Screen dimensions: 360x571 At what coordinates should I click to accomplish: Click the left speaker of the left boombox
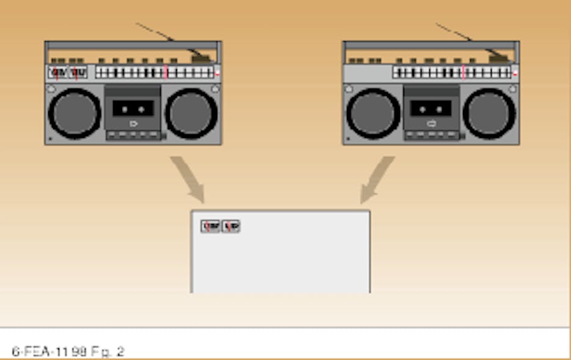click(74, 114)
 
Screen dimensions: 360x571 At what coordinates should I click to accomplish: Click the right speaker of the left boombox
click(191, 114)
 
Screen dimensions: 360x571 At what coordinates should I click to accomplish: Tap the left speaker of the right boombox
click(373, 114)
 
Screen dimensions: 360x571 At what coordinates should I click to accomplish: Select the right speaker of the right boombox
click(489, 114)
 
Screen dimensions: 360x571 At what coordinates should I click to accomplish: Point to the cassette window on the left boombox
click(133, 109)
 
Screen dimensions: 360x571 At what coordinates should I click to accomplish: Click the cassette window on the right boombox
click(431, 109)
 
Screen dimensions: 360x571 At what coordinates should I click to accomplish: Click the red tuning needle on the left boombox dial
click(165, 73)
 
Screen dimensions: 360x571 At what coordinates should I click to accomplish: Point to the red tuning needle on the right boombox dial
click(464, 73)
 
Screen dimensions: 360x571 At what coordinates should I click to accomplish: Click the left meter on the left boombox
click(58, 73)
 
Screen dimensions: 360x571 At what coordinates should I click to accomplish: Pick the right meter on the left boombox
click(78, 73)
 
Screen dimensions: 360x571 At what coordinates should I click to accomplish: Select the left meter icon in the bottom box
click(210, 226)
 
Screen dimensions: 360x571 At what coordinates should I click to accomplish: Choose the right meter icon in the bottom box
click(231, 226)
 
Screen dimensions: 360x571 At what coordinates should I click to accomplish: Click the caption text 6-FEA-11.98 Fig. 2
click(68, 351)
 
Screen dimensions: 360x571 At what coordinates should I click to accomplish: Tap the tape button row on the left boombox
click(135, 135)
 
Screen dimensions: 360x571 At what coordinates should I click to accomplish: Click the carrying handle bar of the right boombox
click(431, 45)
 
